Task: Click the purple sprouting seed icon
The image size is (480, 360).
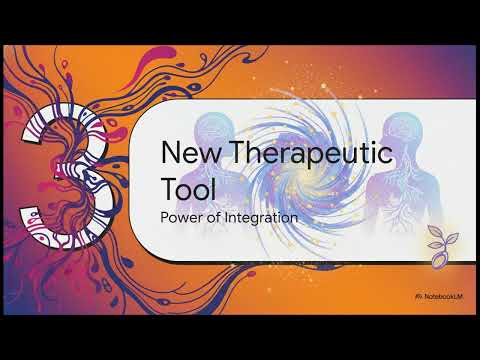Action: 441,241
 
